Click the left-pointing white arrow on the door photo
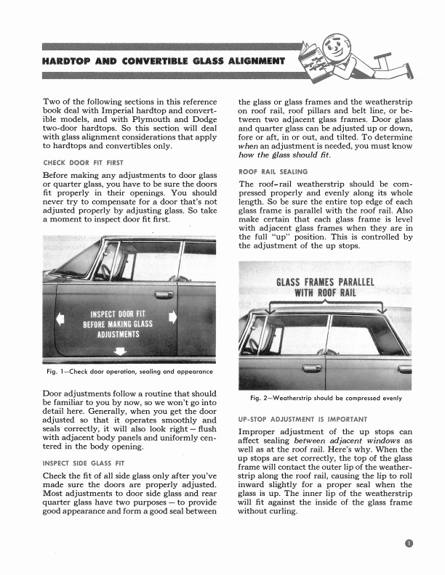point(60,317)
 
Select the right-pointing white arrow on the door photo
point(172,317)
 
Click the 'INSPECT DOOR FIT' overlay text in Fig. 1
point(116,314)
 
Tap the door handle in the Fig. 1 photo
point(164,294)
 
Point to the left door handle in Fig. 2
point(312,368)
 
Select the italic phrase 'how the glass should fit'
point(284,155)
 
